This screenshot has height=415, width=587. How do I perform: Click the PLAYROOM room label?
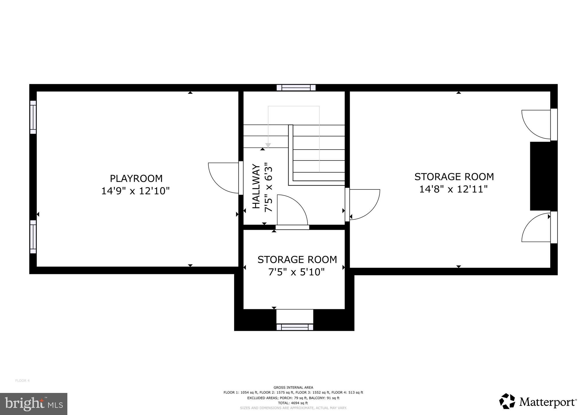tap(136, 179)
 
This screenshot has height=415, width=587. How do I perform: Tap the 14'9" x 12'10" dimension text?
tap(135, 191)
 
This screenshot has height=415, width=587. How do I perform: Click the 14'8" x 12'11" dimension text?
tap(453, 189)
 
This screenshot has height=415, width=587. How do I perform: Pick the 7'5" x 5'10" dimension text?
tap(296, 272)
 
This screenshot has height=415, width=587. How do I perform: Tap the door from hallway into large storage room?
tap(363, 204)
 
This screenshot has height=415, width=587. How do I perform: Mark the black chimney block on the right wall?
tap(543, 176)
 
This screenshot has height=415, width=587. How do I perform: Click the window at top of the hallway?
tap(296, 88)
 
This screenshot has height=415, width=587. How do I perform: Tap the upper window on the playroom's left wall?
tap(33, 117)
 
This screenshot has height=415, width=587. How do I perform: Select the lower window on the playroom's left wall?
tap(33, 237)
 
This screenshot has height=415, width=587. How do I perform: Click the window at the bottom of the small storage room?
tap(295, 327)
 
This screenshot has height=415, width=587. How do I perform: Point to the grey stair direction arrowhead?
tap(268, 146)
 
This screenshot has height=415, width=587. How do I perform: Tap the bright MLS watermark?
tap(34, 404)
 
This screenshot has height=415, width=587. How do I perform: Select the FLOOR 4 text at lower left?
tap(22, 381)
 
